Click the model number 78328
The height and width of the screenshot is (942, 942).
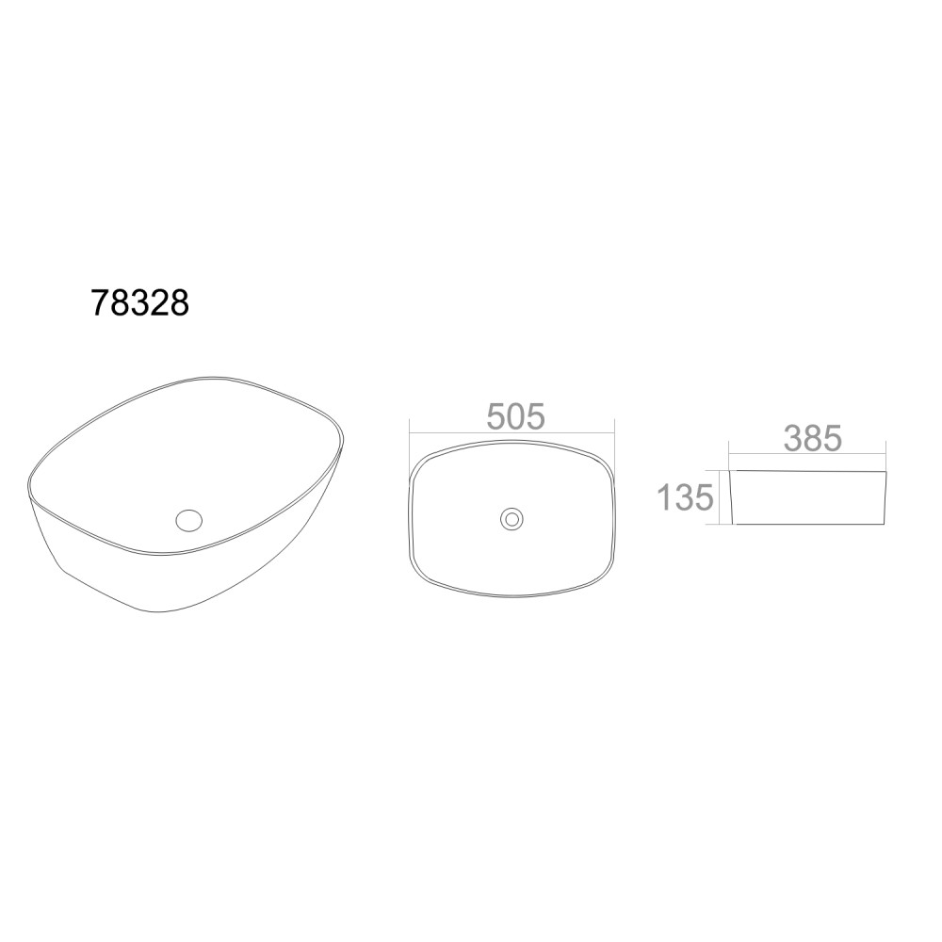point(140,302)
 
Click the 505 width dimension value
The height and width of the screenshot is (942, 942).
point(515,416)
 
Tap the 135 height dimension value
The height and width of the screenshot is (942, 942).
point(686,497)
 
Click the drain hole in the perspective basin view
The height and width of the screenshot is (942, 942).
point(188,519)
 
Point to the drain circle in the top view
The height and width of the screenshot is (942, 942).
point(512,518)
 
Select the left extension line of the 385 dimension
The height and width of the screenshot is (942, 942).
point(729,456)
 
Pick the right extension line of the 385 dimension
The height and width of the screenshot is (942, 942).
point(886,456)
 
